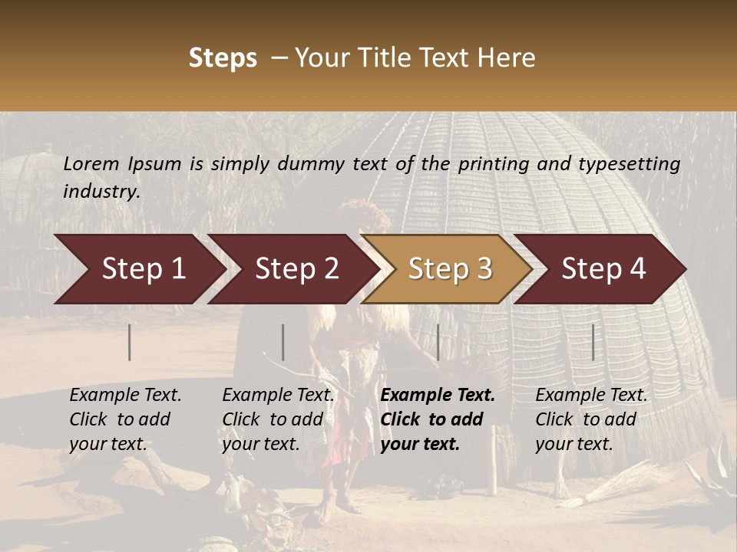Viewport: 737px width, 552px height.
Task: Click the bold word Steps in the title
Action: [223, 58]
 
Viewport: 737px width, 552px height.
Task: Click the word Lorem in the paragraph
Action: [91, 164]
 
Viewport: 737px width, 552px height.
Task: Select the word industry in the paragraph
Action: [101, 192]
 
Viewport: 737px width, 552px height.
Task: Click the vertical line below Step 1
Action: [130, 342]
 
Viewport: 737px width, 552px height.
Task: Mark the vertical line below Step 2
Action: [283, 342]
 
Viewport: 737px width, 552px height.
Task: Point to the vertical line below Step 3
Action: [438, 342]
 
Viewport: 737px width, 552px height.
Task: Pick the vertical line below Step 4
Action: [593, 342]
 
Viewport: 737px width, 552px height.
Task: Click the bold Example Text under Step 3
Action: [438, 396]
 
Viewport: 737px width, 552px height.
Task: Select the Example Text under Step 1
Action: [126, 396]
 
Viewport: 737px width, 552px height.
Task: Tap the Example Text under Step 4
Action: [591, 396]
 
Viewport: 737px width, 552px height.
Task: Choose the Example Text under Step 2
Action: [279, 396]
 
